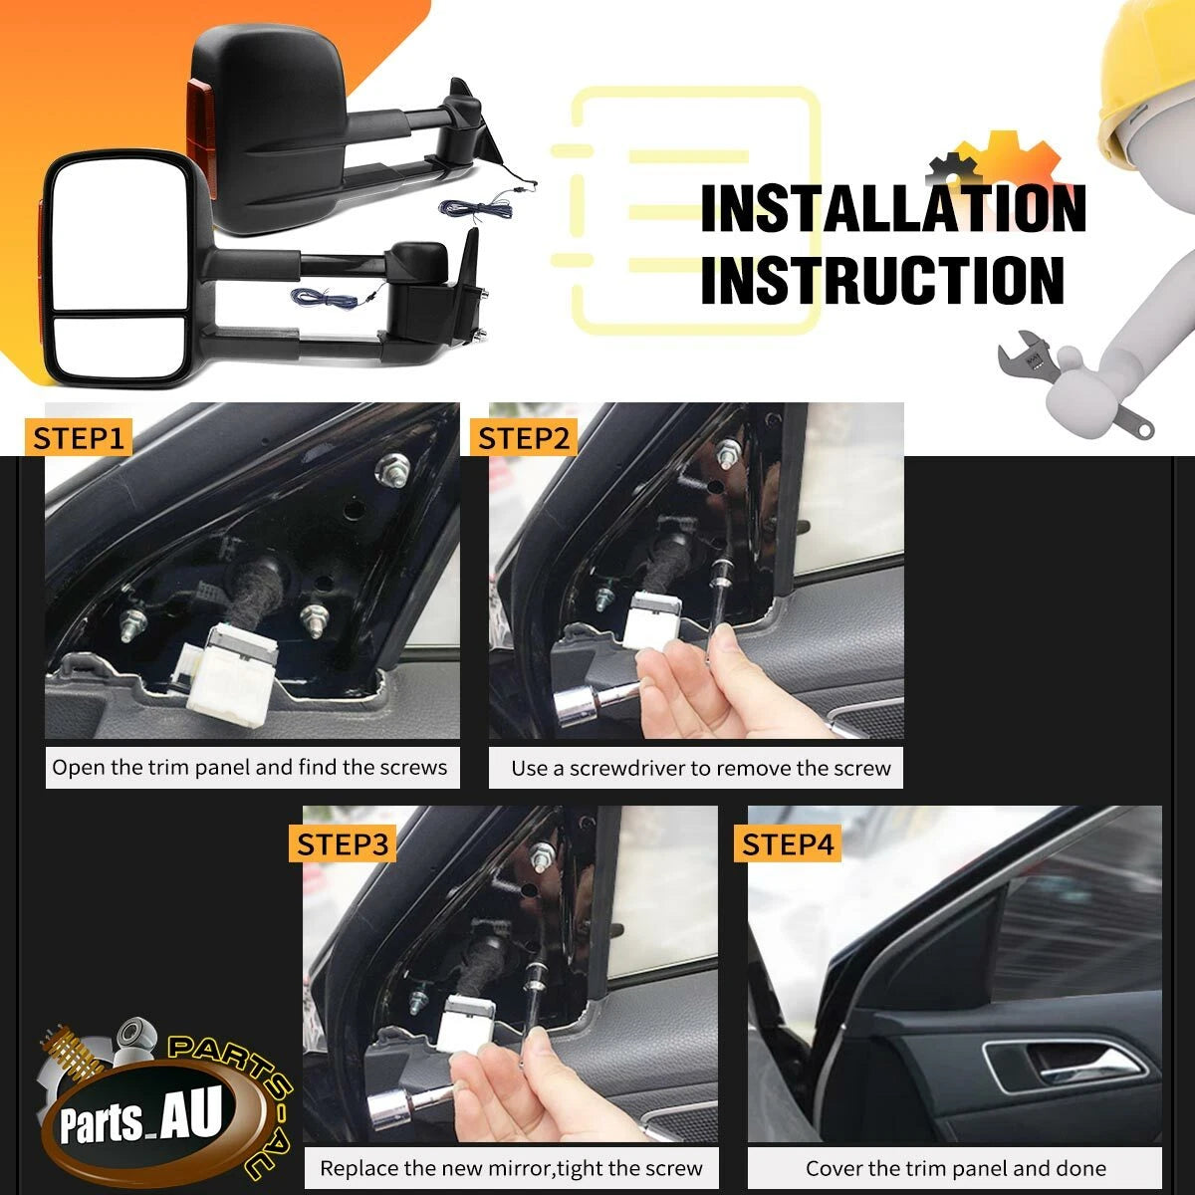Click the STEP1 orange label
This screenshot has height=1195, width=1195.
pyautogui.click(x=78, y=438)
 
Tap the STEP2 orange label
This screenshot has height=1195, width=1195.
pyautogui.click(x=524, y=438)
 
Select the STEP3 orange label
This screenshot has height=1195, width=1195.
pyautogui.click(x=343, y=843)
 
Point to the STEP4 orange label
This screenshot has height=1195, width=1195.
pyautogui.click(x=788, y=843)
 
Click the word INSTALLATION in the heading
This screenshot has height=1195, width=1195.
pyautogui.click(x=893, y=208)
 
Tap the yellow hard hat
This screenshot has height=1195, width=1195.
pyautogui.click(x=1144, y=75)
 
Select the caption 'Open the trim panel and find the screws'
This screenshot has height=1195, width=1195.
pyautogui.click(x=249, y=767)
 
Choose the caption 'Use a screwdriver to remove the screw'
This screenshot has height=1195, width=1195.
pyautogui.click(x=701, y=769)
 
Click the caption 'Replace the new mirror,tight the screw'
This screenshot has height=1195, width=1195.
pyautogui.click(x=511, y=1168)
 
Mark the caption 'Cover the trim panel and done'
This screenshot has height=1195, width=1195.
pyautogui.click(x=956, y=1168)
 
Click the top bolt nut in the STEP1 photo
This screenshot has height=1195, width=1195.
pyautogui.click(x=393, y=469)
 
